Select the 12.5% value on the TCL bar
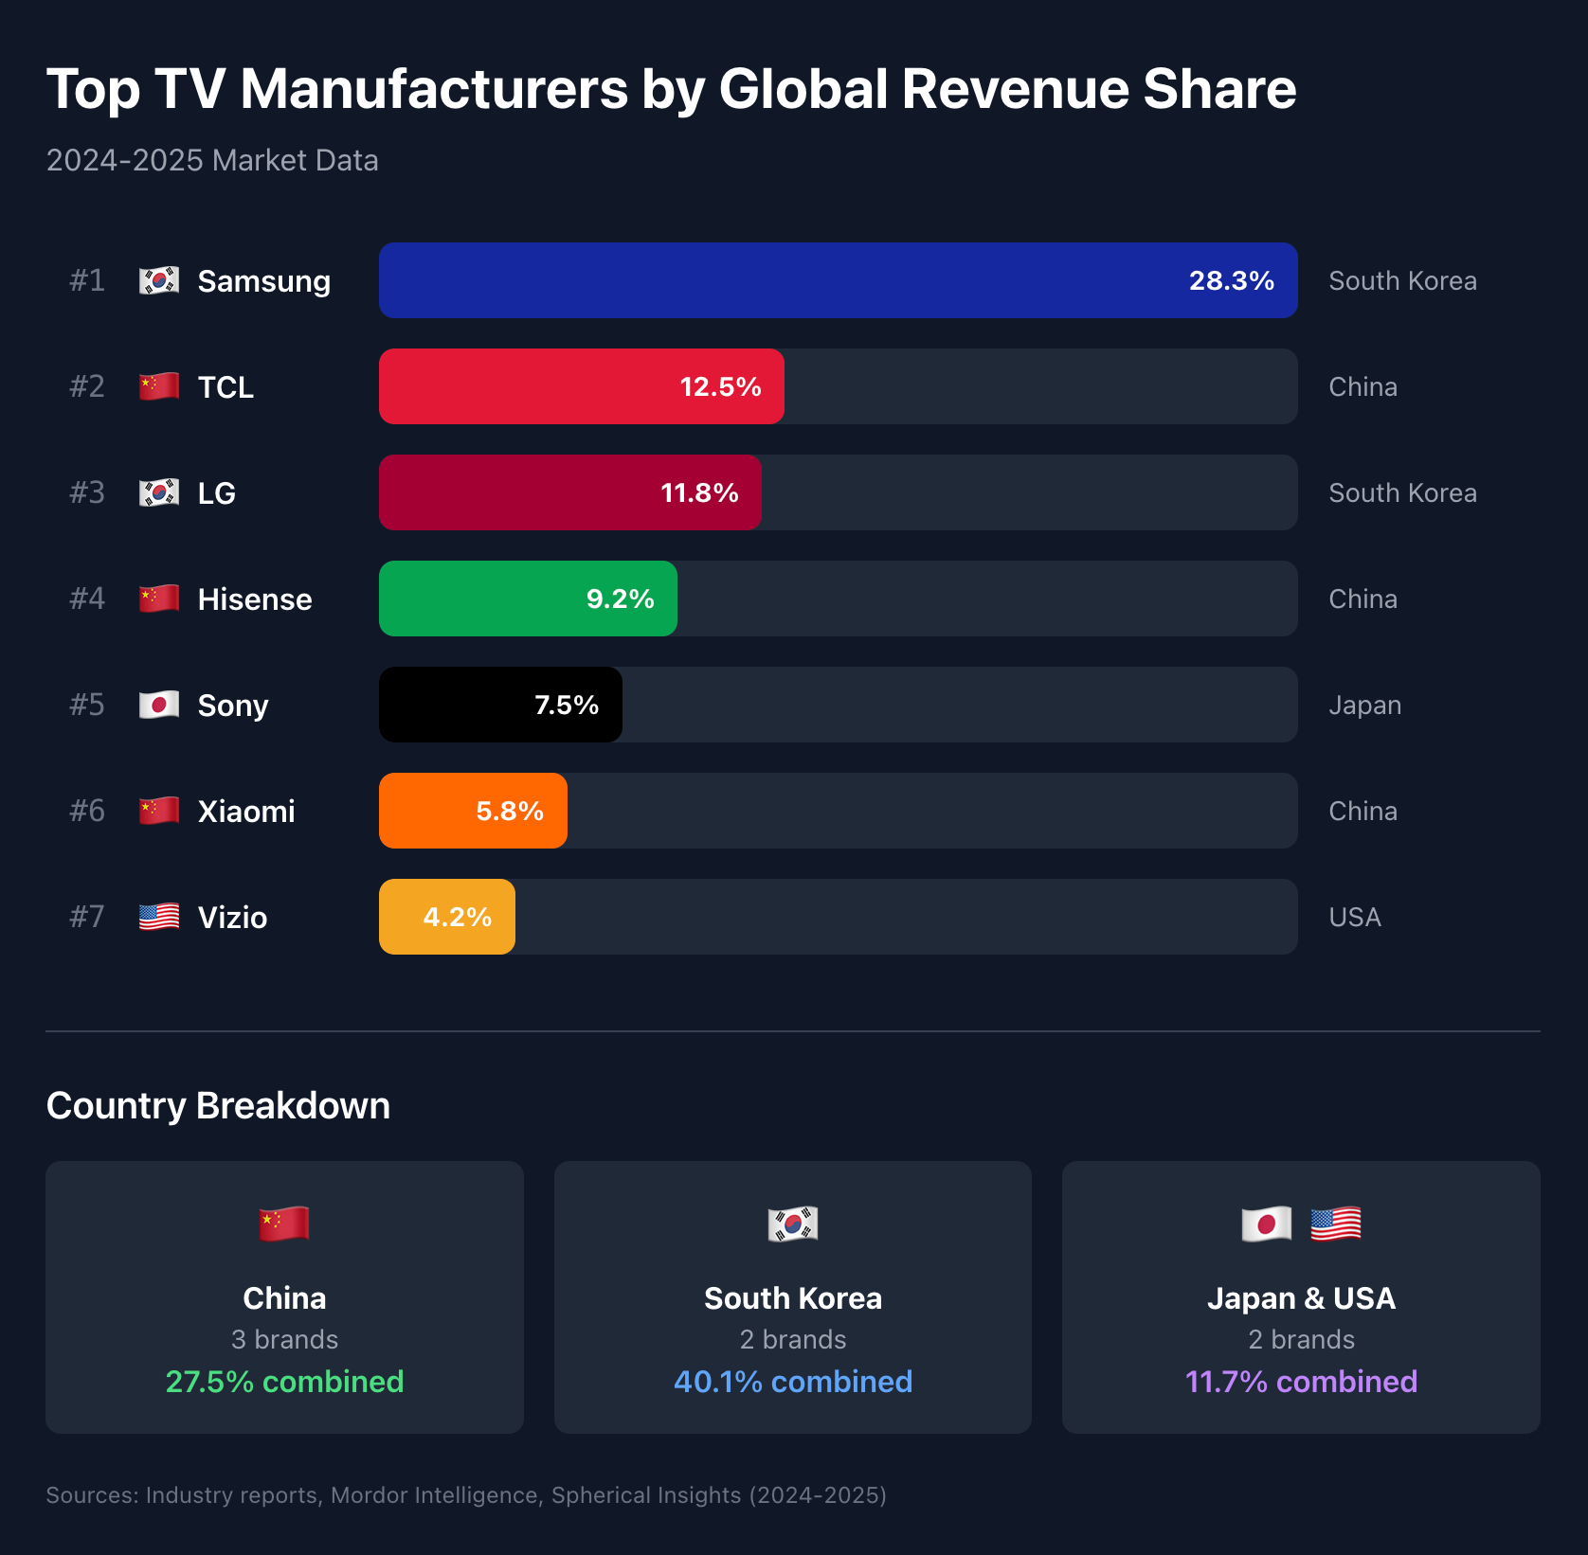pos(720,386)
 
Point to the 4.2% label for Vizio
pos(457,917)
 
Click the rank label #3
pos(87,492)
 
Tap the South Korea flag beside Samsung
pos(159,280)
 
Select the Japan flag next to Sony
pos(159,705)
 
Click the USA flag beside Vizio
pos(159,917)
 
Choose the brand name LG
pos(216,492)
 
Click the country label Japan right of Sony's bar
pos(1364,705)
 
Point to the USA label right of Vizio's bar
pos(1355,917)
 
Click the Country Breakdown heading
pos(218,1105)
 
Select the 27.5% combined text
pos(284,1381)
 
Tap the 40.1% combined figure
pos(793,1381)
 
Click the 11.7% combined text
pos(1301,1381)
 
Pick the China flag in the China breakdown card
pos(284,1224)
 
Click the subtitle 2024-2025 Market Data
pos(212,160)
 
